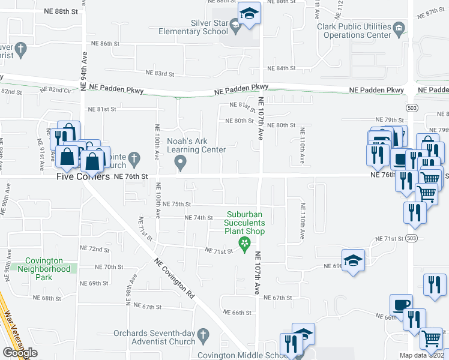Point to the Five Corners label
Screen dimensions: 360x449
[x=83, y=177]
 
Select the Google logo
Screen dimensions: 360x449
[x=20, y=353]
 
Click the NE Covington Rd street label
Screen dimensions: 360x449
[x=175, y=278]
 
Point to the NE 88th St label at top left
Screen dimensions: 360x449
[x=61, y=11]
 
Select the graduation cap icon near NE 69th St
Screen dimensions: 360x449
[x=354, y=260]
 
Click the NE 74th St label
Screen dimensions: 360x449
[x=199, y=218]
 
